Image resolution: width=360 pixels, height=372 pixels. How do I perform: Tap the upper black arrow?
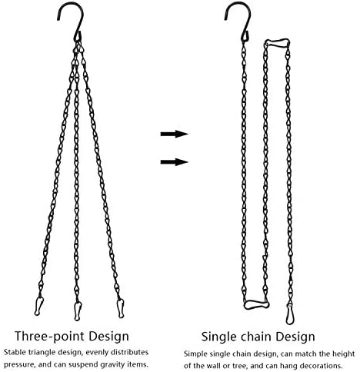pyautogui.click(x=175, y=134)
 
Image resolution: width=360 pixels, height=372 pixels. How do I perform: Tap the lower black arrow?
pyautogui.click(x=175, y=162)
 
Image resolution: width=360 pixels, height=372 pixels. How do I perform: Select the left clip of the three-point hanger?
pyautogui.click(x=38, y=306)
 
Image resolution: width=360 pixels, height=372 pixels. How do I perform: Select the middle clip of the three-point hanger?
pyautogui.click(x=78, y=311)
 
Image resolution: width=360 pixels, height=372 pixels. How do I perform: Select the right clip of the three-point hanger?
pyautogui.click(x=120, y=308)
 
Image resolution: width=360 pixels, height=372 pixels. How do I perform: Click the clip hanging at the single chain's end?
pyautogui.click(x=290, y=314)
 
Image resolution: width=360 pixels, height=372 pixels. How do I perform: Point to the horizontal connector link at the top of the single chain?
pyautogui.click(x=277, y=42)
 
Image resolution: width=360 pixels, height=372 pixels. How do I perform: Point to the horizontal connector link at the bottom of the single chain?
pyautogui.click(x=256, y=304)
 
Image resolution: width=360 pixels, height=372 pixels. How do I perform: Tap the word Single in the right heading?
pyautogui.click(x=217, y=337)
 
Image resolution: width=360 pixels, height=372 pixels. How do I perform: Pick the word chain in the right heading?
pyautogui.click(x=255, y=337)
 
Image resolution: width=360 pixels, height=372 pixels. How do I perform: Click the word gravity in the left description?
pyautogui.click(x=115, y=364)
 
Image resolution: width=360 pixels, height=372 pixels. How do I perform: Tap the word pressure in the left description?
pyautogui.click(x=18, y=365)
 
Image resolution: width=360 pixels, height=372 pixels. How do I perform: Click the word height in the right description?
pyautogui.click(x=344, y=354)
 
